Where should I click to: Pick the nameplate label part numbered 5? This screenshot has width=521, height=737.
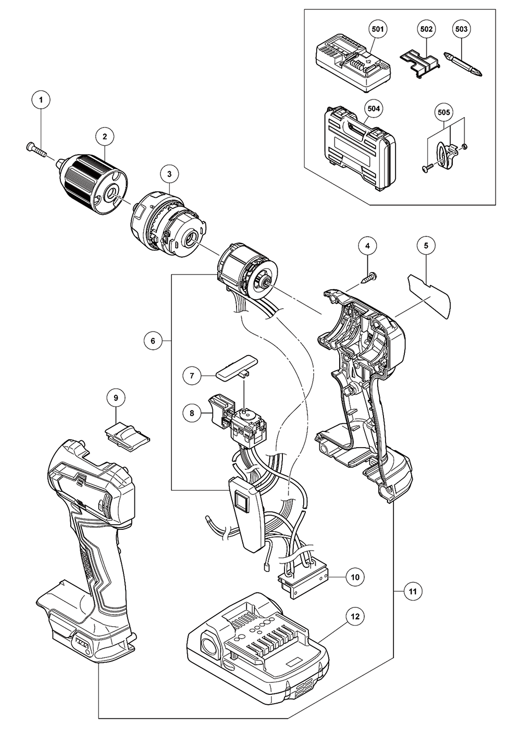[153, 341]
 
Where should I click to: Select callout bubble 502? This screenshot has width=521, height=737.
[426, 29]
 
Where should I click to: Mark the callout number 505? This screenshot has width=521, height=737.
[445, 111]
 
